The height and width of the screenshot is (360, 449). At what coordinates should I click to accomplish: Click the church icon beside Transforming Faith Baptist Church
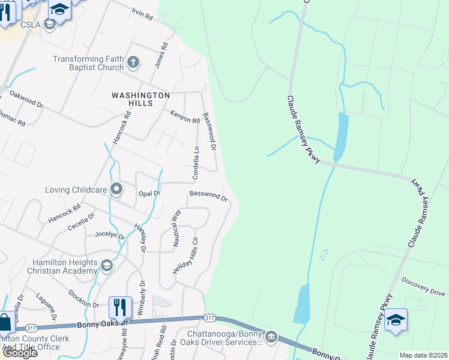tap(133, 61)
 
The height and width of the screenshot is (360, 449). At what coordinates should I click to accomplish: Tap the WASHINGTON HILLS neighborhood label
tap(140, 99)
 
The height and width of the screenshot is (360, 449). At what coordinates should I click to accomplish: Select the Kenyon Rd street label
tap(184, 116)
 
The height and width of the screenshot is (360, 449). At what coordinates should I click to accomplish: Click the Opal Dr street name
tap(149, 193)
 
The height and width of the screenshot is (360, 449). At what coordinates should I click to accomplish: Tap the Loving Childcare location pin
tap(116, 190)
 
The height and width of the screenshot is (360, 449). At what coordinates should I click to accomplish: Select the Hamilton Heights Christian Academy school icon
tap(107, 265)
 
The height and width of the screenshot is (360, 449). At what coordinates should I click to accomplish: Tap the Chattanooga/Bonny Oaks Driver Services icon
tap(271, 336)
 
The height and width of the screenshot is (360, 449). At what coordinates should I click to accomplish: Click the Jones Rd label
tap(159, 55)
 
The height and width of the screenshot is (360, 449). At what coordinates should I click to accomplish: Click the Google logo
tap(19, 353)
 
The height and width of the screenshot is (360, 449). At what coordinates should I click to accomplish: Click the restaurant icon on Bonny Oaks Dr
tap(119, 308)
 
